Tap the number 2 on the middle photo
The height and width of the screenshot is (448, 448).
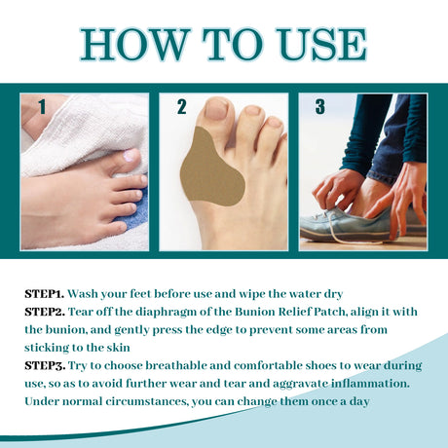182,107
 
